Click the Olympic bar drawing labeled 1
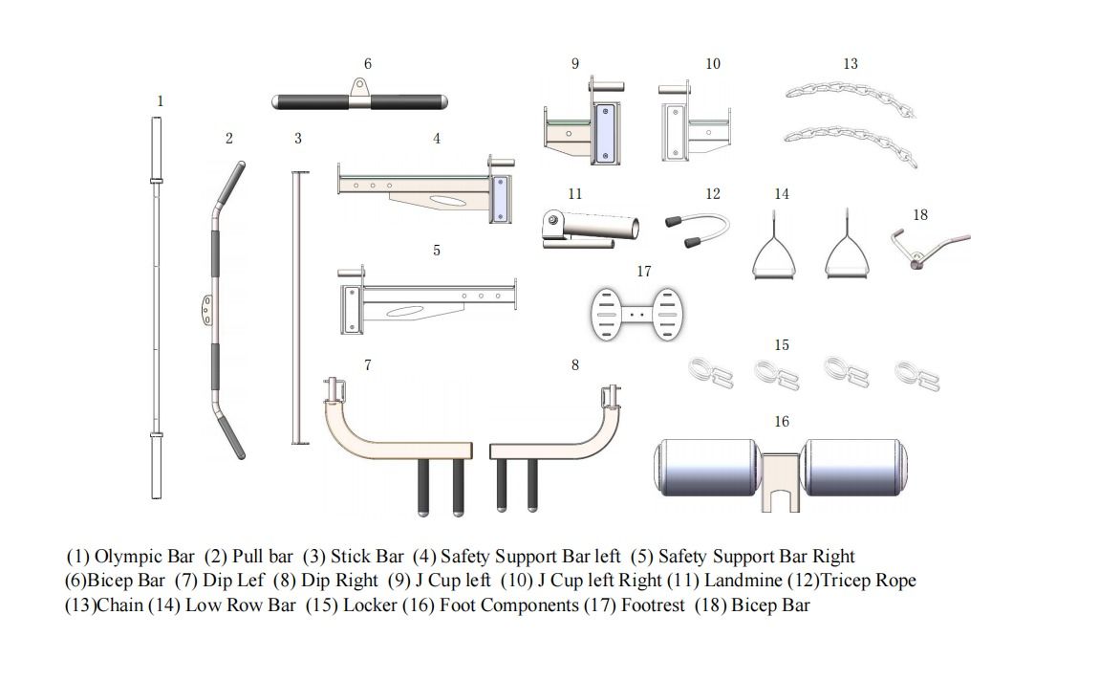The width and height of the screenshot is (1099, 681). click(156, 306)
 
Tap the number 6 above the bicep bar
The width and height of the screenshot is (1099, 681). click(367, 64)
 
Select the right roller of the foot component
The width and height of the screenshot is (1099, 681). click(855, 468)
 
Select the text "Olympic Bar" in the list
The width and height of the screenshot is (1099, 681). click(144, 557)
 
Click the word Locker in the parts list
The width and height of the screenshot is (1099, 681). click(370, 605)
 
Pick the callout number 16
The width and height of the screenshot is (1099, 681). click(782, 422)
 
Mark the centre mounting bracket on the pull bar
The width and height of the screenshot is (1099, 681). click(207, 306)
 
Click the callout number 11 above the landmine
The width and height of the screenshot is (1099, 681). click(574, 194)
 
